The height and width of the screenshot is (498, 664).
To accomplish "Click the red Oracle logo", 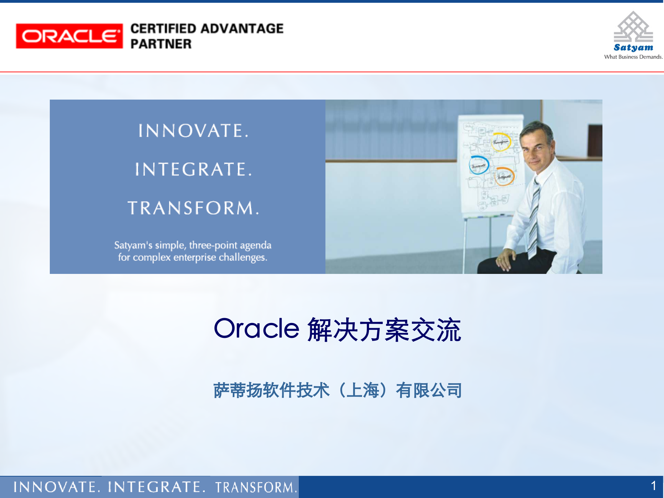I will coord(69,36).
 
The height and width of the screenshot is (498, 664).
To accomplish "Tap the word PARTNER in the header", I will coord(161,44).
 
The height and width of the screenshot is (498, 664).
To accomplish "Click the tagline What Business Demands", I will coord(633,57).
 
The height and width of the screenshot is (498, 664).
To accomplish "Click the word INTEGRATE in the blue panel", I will coord(193,169).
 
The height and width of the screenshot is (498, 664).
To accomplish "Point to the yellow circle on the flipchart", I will coord(501,142).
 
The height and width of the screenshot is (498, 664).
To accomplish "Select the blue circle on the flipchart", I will coord(479,165).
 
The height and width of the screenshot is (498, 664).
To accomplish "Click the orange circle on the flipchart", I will coord(504,176).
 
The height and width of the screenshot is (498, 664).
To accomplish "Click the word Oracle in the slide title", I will coord(256,329).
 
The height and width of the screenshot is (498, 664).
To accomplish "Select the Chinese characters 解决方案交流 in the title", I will coord(384,330).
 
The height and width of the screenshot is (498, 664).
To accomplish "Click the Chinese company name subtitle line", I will coord(337,390).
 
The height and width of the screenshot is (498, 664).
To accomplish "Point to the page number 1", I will coord(653,486).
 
